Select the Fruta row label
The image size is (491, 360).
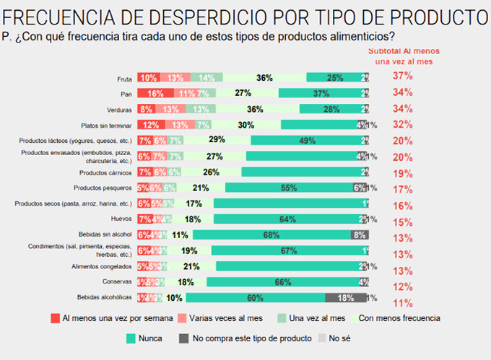pyautogui.click(x=123, y=78)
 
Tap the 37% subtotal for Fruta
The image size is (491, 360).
pyautogui.click(x=402, y=76)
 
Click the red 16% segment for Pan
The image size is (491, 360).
pyautogui.click(x=154, y=93)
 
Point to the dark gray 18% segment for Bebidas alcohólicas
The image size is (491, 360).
pyautogui.click(x=345, y=298)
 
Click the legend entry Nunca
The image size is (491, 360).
pyautogui.click(x=144, y=337)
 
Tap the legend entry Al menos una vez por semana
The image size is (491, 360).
pyautogui.click(x=111, y=318)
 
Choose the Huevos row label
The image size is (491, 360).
pyautogui.click(x=121, y=219)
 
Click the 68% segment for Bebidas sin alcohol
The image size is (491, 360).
pyautogui.click(x=271, y=235)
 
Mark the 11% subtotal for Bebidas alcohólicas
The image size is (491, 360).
pyautogui.click(x=402, y=303)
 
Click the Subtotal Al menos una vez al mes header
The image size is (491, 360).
pyautogui.click(x=400, y=56)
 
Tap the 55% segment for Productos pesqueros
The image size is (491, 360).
pyautogui.click(x=289, y=188)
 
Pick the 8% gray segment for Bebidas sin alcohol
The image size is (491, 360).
pyautogui.click(x=359, y=235)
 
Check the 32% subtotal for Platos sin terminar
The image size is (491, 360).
pyautogui.click(x=402, y=123)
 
